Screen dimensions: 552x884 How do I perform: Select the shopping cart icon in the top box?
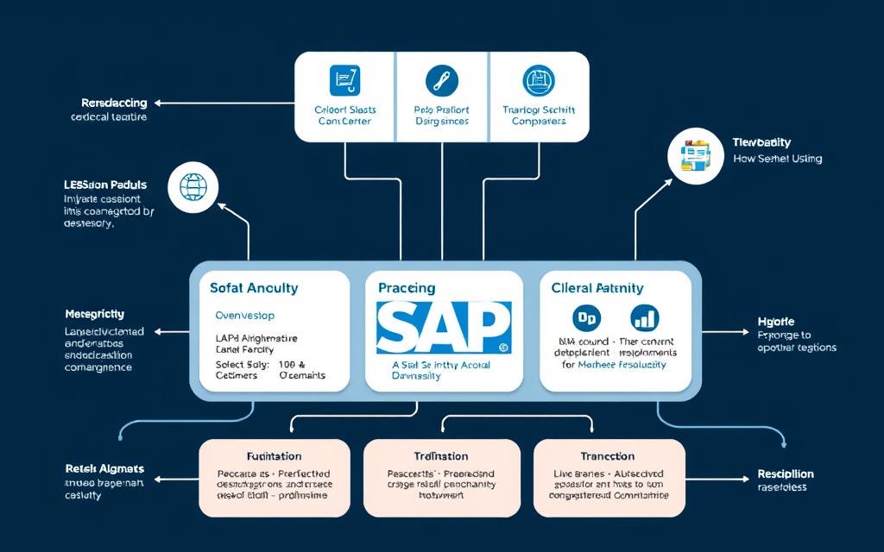pos(344,82)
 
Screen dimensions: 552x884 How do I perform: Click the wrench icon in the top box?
pos(442,82)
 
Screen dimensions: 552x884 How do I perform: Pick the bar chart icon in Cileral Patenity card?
pos(644,318)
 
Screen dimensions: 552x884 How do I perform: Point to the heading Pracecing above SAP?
pos(407,288)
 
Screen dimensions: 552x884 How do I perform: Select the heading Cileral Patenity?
pos(597,288)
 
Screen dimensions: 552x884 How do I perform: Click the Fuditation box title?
pos(274,455)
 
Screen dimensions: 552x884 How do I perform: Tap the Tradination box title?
pos(441,455)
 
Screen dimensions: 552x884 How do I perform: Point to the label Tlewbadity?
pos(761,142)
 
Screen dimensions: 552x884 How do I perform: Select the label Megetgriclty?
pos(95,314)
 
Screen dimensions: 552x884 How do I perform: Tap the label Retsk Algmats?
pos(104,468)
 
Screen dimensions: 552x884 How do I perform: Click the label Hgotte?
pos(776,320)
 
